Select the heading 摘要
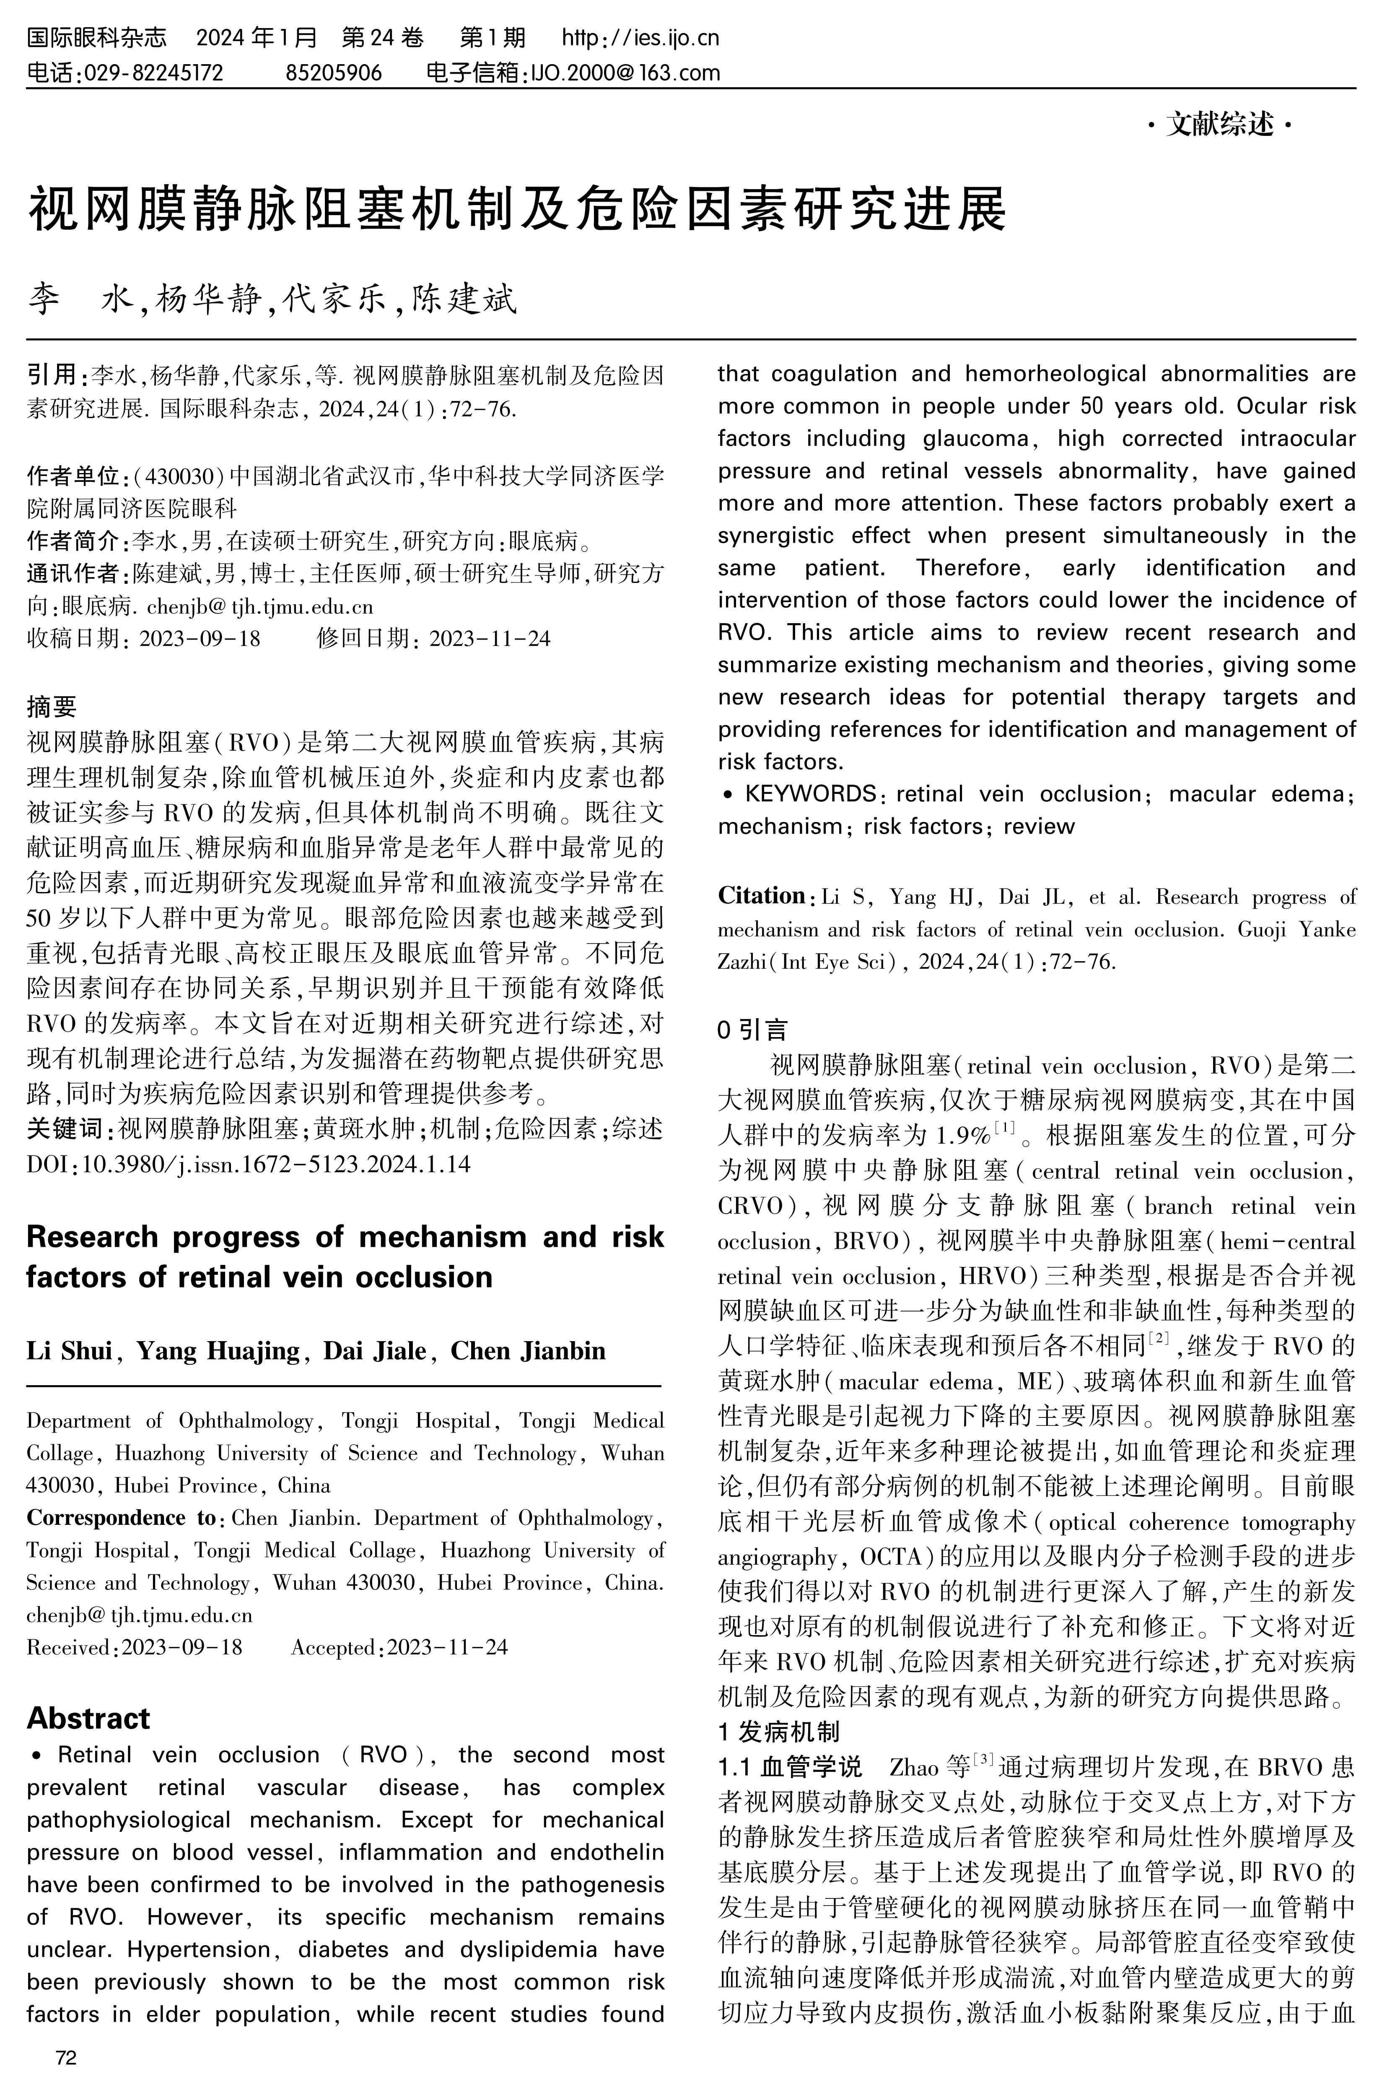(51, 706)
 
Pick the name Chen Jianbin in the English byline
(528, 1351)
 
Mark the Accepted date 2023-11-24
(447, 1647)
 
